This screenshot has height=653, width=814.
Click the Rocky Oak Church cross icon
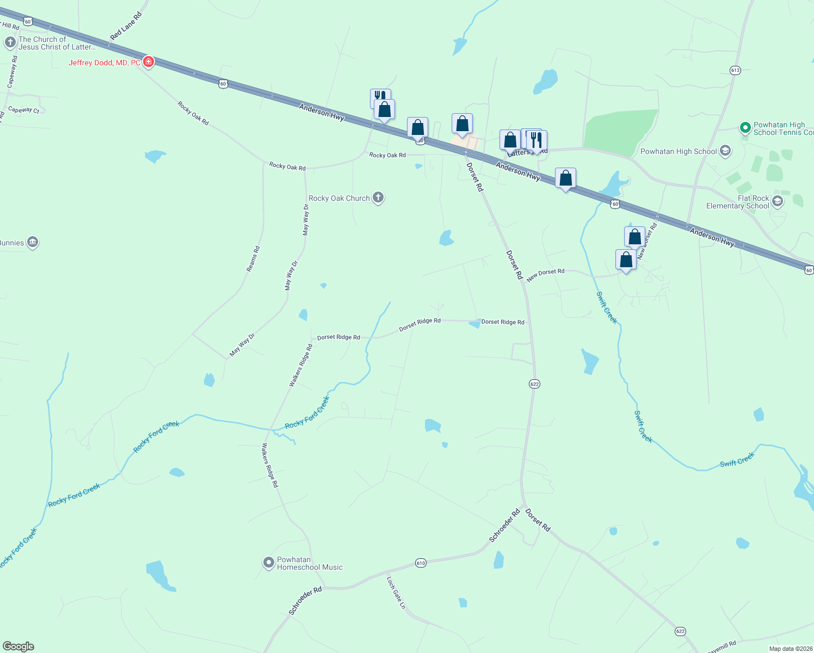[x=378, y=198]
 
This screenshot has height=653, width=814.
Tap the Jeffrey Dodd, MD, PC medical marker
[x=148, y=62]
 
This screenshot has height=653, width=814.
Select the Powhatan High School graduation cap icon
[x=725, y=151]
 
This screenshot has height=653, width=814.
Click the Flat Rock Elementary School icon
[x=778, y=201]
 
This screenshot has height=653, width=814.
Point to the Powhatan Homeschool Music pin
[x=269, y=563]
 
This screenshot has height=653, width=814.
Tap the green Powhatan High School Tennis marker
[x=745, y=128]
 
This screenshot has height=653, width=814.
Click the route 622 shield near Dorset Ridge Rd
[x=534, y=384]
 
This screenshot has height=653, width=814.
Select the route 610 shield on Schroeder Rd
[x=421, y=563]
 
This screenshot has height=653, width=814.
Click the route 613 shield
[x=736, y=70]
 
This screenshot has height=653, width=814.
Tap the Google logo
[x=18, y=646]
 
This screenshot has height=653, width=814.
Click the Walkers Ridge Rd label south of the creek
[x=270, y=465]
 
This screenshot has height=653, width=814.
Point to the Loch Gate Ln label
[x=397, y=593]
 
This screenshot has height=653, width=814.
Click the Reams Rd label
[x=254, y=259]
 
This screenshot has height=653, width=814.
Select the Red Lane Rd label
[x=126, y=26]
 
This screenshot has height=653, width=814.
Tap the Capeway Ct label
[x=24, y=110]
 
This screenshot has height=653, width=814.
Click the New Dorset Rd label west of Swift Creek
[x=546, y=275]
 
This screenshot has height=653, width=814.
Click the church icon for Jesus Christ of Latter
[x=10, y=42]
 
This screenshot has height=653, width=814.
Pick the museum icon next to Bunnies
[x=33, y=242]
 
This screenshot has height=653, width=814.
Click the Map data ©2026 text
[x=791, y=649]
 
